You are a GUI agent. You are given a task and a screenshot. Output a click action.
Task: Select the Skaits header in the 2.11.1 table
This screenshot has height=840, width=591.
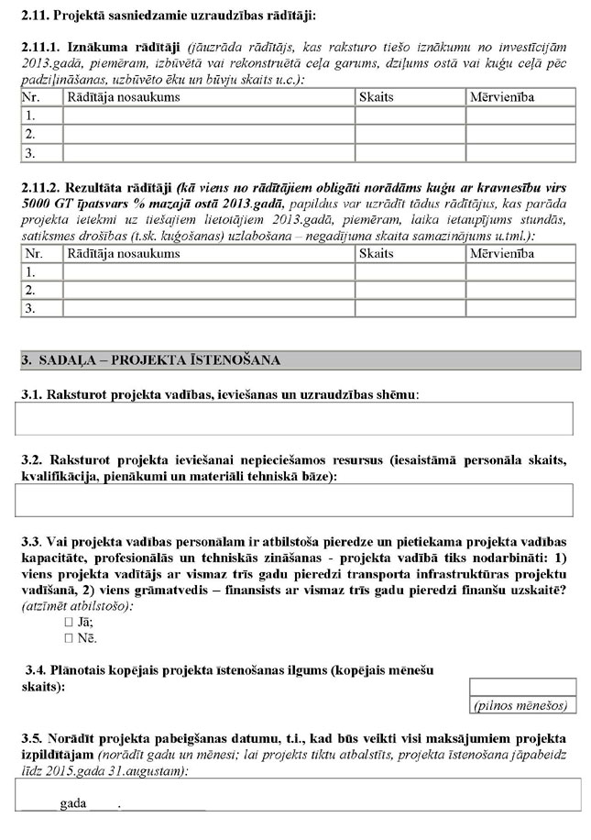point(375,97)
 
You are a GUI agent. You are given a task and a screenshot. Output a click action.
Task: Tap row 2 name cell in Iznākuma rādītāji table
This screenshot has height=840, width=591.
point(208,134)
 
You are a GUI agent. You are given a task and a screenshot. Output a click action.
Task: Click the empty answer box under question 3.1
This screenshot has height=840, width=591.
point(294,418)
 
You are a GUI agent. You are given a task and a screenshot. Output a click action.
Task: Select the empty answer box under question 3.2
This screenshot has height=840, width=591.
point(294,501)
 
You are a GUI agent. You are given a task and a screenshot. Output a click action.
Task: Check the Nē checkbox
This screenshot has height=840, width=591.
point(70,637)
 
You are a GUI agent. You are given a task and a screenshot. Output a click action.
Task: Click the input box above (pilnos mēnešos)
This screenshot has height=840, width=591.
point(522,688)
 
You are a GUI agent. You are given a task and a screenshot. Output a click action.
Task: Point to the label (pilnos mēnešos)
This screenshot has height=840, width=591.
point(522,705)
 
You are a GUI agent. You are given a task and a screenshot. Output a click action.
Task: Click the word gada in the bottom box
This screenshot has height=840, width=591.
point(72,803)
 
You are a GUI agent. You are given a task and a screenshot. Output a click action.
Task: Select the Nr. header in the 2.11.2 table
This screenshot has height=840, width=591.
point(35,253)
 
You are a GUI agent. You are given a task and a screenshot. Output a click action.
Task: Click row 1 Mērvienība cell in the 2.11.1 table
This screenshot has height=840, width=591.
point(520,116)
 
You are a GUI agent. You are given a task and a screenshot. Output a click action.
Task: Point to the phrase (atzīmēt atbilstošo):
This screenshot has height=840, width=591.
point(76,605)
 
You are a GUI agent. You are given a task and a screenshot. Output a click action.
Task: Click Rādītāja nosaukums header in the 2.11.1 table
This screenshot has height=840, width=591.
point(123,97)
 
